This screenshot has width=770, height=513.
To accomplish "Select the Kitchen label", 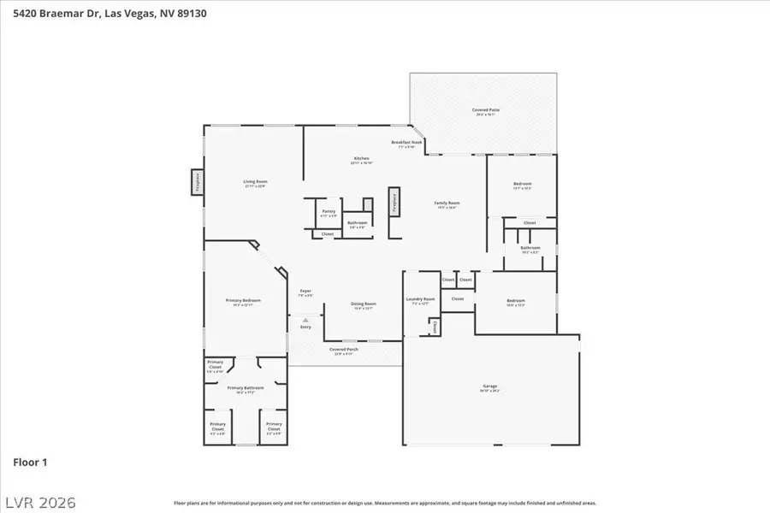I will tap(362, 160).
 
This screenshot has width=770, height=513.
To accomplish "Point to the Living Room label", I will tap(256, 183).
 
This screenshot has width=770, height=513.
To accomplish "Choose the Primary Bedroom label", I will tap(244, 302).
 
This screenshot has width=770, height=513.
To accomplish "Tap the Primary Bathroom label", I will tap(246, 389).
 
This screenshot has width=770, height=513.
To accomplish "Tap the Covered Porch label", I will tap(344, 350).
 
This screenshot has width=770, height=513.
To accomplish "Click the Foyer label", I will tap(305, 292).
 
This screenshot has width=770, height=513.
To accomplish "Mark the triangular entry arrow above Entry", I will tap(305, 321).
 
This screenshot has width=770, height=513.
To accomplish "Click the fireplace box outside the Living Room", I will tap(197, 181).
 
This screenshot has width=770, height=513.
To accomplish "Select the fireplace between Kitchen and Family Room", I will tap(394, 201).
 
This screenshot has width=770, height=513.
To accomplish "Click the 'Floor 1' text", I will tap(30, 463).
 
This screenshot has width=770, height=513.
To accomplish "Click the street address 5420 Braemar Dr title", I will tap(110, 14).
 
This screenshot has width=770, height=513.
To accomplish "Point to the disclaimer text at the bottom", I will tap(385, 504).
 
